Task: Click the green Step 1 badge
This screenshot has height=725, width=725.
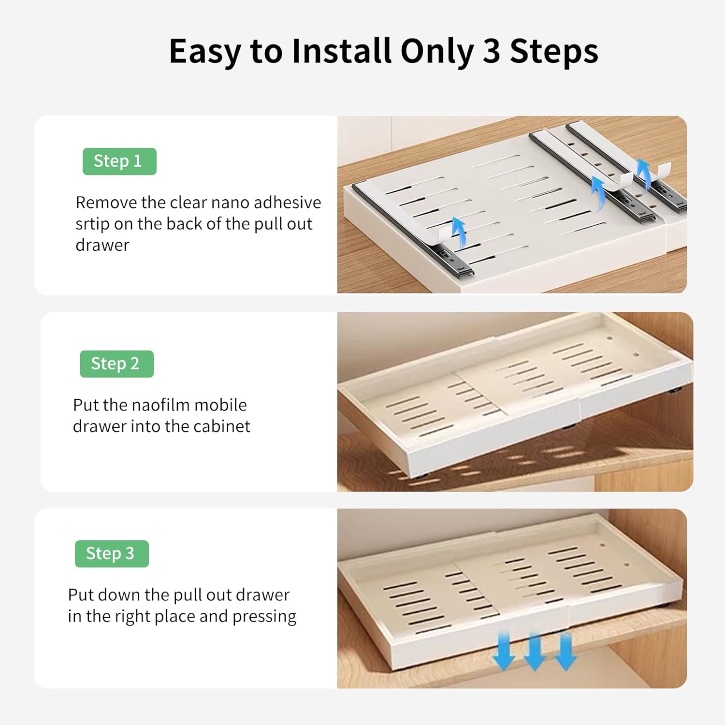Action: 119,161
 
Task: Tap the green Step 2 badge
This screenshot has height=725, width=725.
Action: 116,363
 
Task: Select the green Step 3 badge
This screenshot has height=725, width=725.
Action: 112,553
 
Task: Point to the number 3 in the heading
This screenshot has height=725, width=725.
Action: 491,51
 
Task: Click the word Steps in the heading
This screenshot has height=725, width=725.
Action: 554,51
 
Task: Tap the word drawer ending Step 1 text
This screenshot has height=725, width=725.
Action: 102,246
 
